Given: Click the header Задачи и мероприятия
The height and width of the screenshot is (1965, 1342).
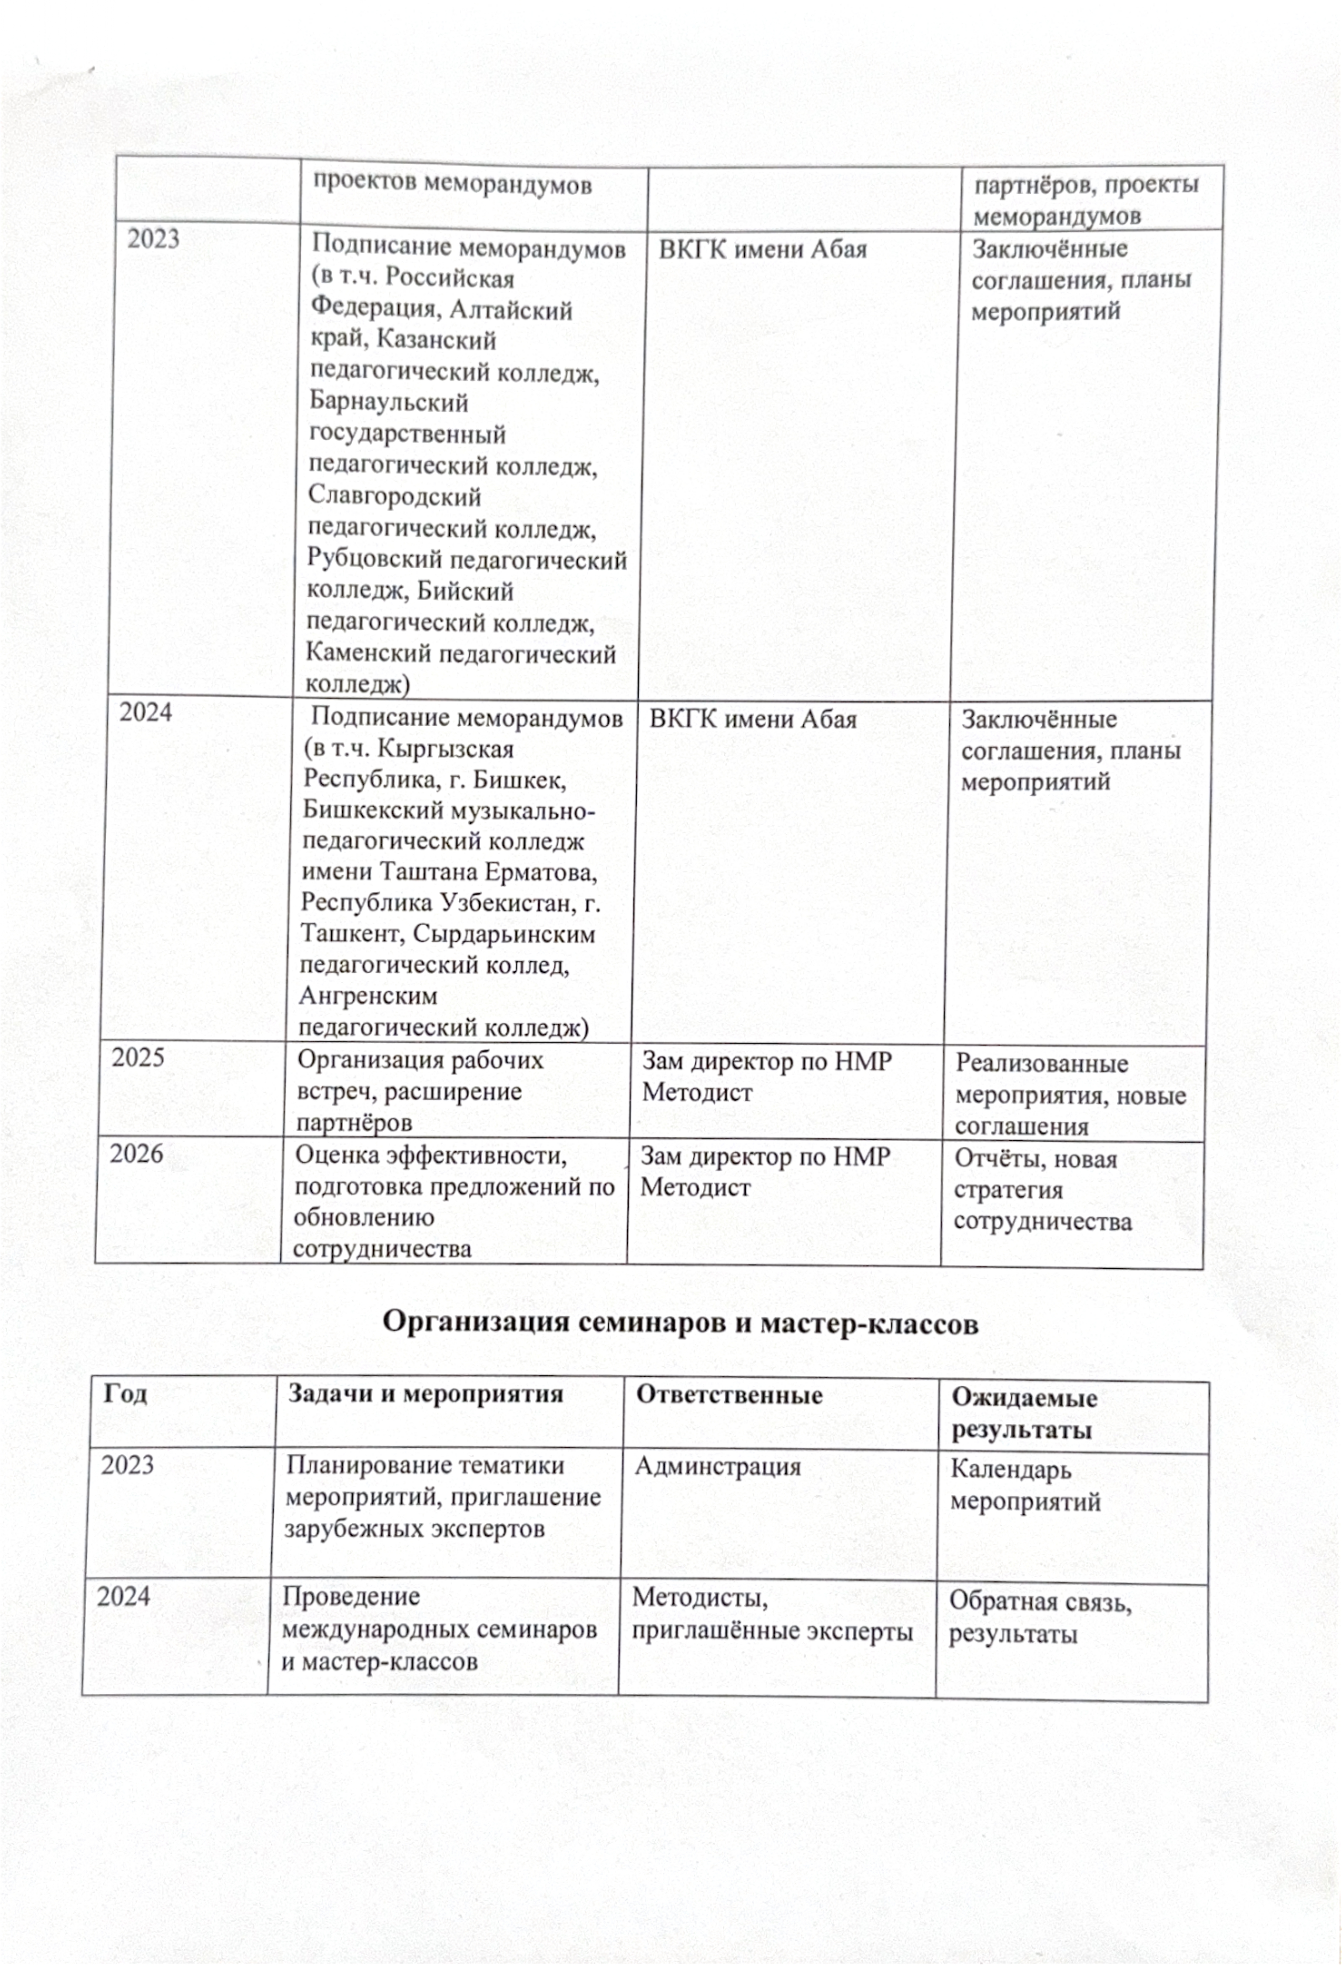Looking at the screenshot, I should [x=425, y=1393].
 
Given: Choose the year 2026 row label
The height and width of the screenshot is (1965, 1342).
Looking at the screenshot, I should [x=136, y=1154].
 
